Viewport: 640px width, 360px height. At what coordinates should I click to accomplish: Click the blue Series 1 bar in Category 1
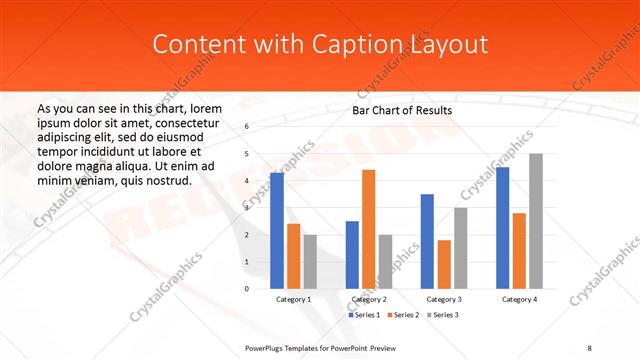pos(277,230)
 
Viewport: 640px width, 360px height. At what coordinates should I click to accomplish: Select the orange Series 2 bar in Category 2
pos(368,229)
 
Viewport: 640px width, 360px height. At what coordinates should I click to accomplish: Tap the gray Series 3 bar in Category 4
pos(536,221)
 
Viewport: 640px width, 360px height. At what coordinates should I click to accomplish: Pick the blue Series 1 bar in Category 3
pos(427,241)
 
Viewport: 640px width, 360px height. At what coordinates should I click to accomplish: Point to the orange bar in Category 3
pos(444,264)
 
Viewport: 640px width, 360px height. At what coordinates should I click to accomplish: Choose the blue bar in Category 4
pos(502,227)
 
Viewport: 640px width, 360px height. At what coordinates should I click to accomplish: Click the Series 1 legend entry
pos(364,315)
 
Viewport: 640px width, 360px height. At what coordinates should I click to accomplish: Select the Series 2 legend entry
pos(402,315)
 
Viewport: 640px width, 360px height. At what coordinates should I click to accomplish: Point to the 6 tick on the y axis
pos(247,127)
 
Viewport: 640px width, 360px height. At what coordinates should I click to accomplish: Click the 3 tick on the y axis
pos(247,208)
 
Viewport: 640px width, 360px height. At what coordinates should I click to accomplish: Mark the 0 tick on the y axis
pos(247,289)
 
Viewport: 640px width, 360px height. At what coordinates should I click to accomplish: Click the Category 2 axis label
pos(369,299)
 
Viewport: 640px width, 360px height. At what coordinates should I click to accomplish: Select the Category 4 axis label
pos(519,299)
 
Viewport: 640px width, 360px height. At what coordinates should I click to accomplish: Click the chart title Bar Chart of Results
pos(403,110)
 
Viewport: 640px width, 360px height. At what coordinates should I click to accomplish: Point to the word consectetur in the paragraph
pos(187,122)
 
